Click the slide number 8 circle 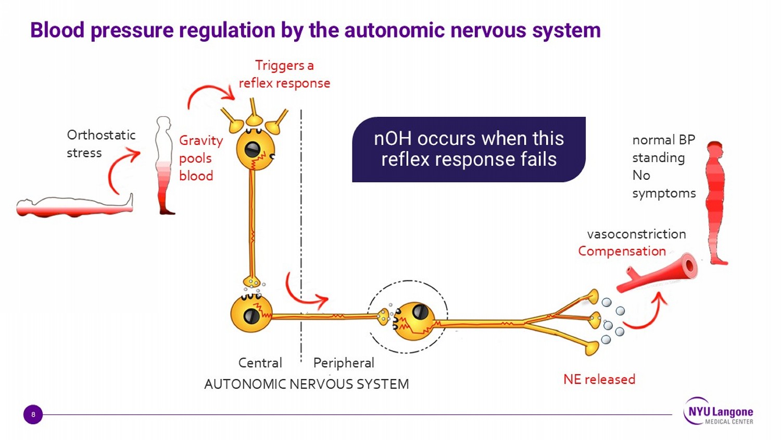(33, 414)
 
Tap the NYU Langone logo (719, 412)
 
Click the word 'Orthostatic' (101, 135)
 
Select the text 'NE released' (599, 379)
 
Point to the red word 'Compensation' (622, 251)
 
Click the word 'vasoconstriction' (636, 234)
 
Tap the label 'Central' (260, 363)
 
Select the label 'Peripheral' (344, 363)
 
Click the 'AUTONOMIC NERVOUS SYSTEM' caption (306, 384)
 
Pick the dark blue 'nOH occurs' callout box (469, 149)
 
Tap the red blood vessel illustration (659, 274)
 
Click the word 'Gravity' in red (200, 141)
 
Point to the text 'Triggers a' (284, 66)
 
